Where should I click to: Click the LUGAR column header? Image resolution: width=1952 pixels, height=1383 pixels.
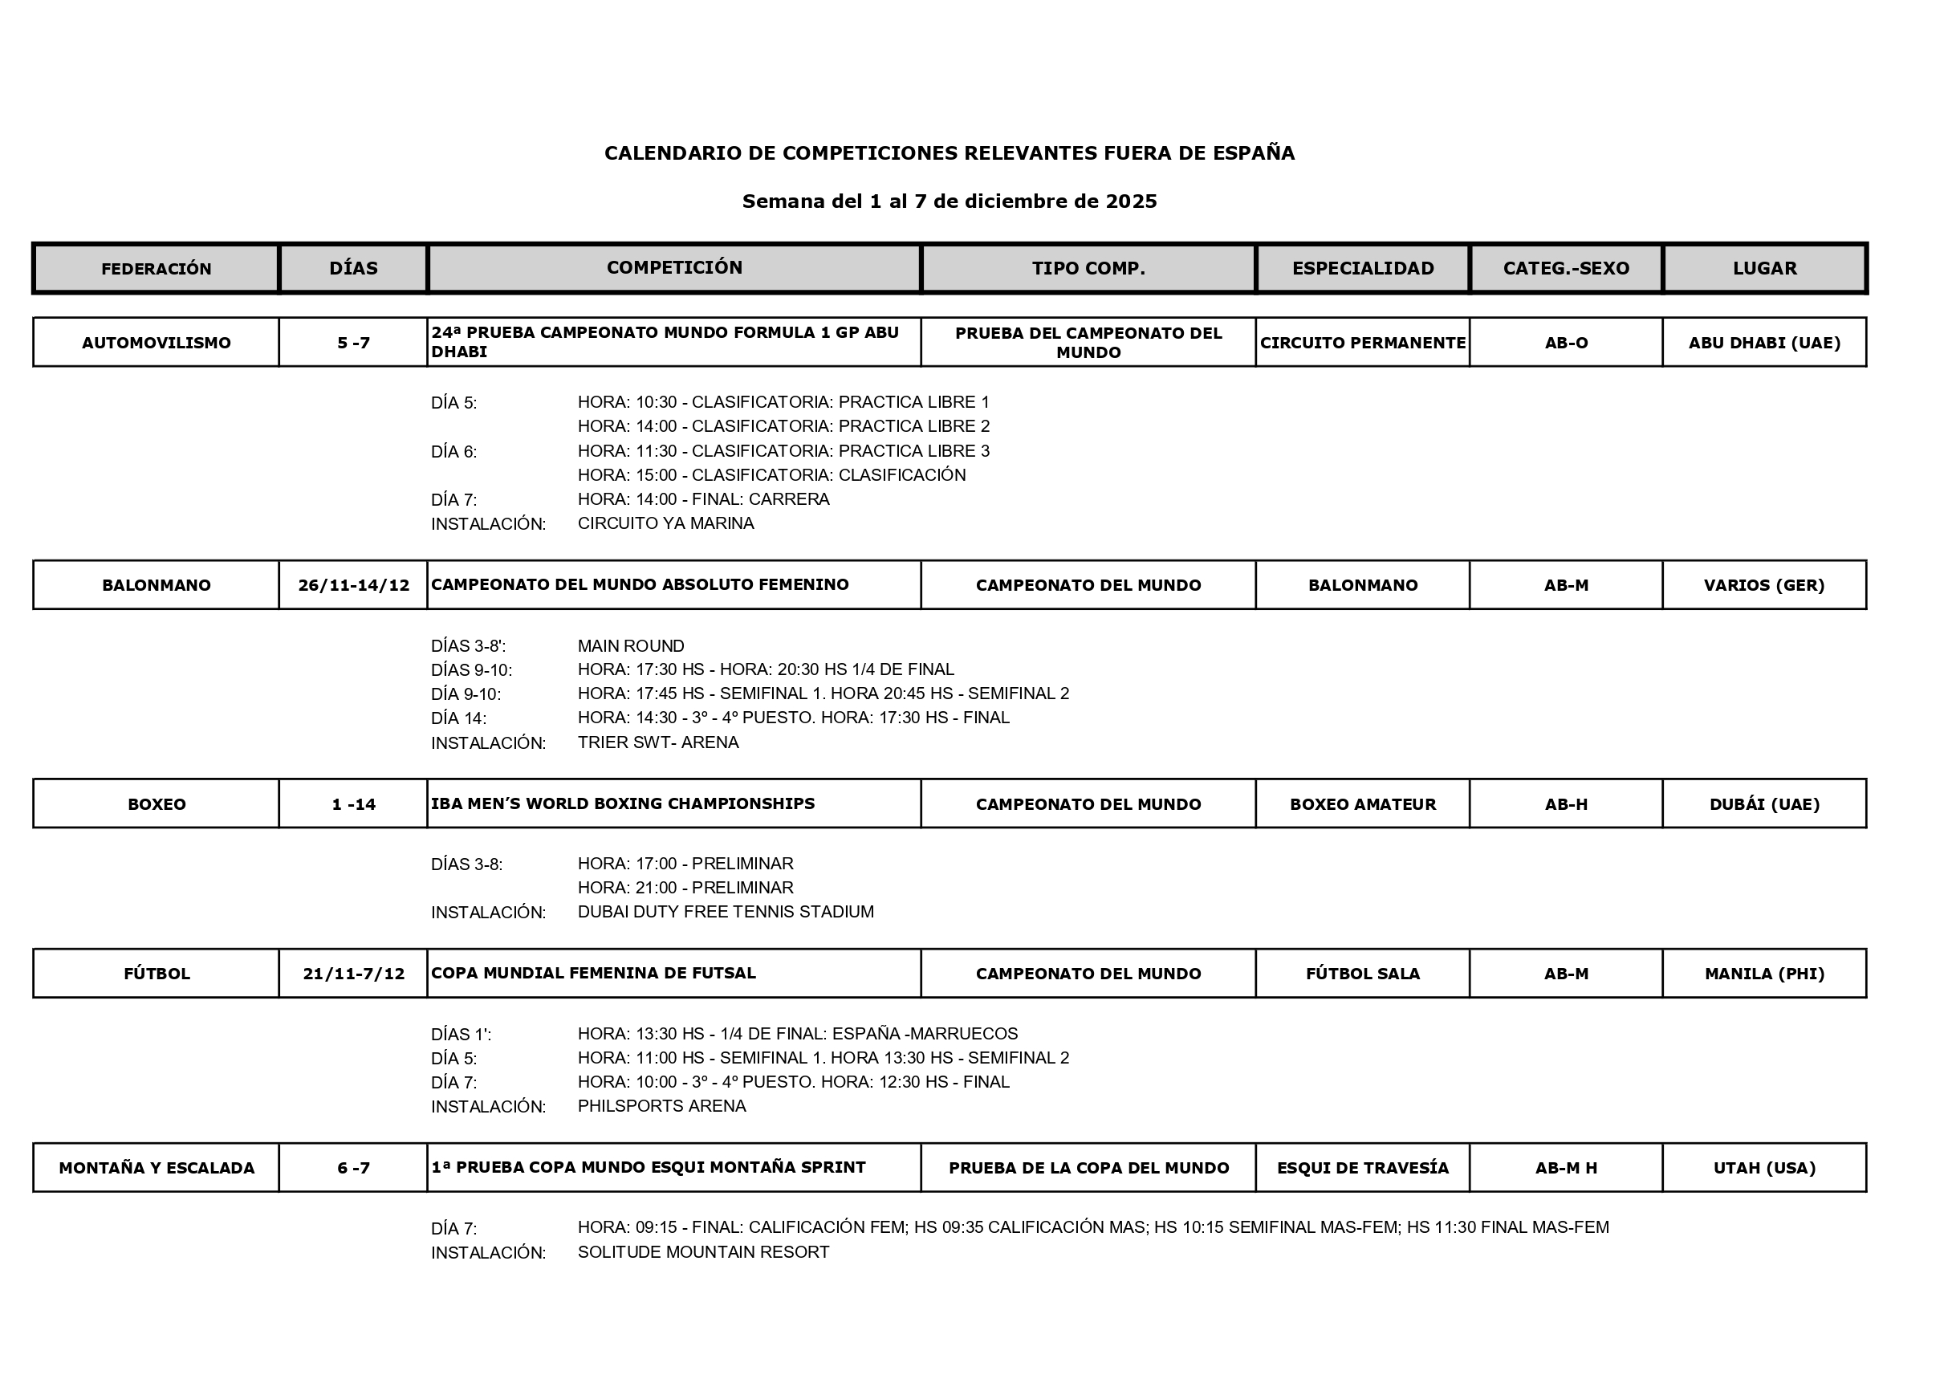coord(1764,268)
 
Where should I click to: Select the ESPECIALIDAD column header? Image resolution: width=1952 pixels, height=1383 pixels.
coord(1363,268)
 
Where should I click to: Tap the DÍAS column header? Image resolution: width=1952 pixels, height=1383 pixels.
coord(353,268)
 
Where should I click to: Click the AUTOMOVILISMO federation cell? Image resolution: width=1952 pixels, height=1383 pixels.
coord(156,343)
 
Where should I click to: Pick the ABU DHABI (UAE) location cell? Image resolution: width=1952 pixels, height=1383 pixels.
coord(1764,343)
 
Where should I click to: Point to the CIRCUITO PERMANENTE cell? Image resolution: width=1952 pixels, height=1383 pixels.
coord(1363,343)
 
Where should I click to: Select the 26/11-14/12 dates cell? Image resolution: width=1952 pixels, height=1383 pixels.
coord(353,585)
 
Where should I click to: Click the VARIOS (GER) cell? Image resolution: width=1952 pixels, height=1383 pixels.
coord(1764,585)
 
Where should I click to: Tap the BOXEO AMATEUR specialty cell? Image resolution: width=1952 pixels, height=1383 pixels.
coord(1363,804)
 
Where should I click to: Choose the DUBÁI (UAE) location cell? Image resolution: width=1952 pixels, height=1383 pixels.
coord(1764,804)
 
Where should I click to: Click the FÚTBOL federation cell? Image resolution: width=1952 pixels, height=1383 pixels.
coord(156,974)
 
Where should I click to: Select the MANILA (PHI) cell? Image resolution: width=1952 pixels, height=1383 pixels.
coord(1764,974)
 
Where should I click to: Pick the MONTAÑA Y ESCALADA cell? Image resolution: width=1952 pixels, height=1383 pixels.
coord(156,1168)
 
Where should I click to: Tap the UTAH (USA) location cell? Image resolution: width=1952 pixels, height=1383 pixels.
coord(1764,1168)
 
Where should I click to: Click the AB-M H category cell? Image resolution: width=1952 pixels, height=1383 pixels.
coord(1565,1168)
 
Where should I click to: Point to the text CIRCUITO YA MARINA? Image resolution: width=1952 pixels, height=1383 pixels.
coord(665,523)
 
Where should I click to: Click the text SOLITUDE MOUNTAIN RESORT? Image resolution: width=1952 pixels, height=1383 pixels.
coord(702,1252)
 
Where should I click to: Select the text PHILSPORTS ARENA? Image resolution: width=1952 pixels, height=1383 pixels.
coord(661,1105)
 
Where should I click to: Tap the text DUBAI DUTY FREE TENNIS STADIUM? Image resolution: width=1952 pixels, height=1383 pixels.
coord(725,911)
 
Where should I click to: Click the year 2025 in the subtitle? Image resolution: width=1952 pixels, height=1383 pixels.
coord(1131,201)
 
